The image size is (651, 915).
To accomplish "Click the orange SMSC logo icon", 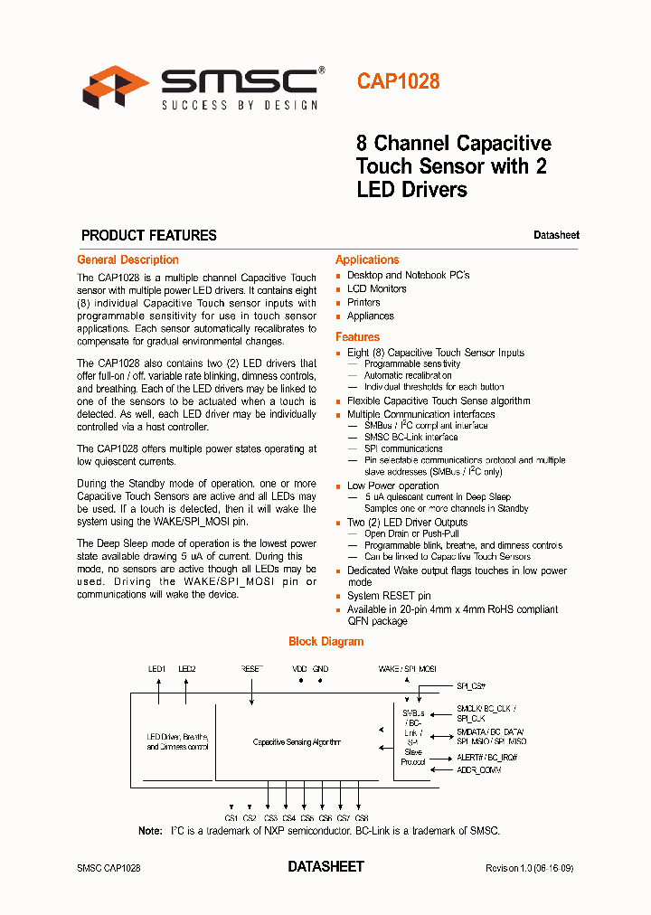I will coord(115,87).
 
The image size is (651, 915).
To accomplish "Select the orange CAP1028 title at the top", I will coord(398,81).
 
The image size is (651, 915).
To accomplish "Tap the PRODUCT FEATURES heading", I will coord(149,235).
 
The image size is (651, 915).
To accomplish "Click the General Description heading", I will coord(127,259).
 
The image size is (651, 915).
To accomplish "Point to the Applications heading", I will coord(367,259).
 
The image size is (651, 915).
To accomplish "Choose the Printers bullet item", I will coord(363,302).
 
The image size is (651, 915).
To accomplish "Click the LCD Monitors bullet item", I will coord(376,288).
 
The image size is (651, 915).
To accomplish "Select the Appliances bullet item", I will coord(370,316).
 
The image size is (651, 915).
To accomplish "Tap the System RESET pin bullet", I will coord(389,596).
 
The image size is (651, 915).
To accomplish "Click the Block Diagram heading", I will coord(325,641).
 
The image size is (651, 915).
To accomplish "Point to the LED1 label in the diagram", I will coord(157,669).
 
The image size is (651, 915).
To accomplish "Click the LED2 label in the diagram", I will coord(187,669).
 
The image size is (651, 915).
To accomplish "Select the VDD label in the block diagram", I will coord(299,669).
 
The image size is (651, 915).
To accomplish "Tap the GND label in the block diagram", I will coord(320,669).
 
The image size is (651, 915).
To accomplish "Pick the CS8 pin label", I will coord(362,817).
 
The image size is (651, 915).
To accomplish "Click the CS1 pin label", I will coord(231,817).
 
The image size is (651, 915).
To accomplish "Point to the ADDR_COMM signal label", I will coord(478,769).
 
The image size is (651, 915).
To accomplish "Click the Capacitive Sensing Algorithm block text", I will coord(297,742).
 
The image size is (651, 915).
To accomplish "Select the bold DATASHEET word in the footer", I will coord(325,866).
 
